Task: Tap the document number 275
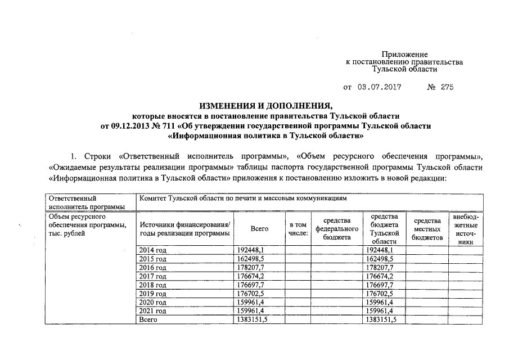[447, 87]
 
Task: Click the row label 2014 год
[152, 250]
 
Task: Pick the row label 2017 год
[152, 276]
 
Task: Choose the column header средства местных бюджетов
[427, 229]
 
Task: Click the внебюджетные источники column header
[465, 229]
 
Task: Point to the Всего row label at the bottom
[148, 319]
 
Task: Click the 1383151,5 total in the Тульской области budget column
[381, 319]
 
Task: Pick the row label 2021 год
[152, 311]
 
